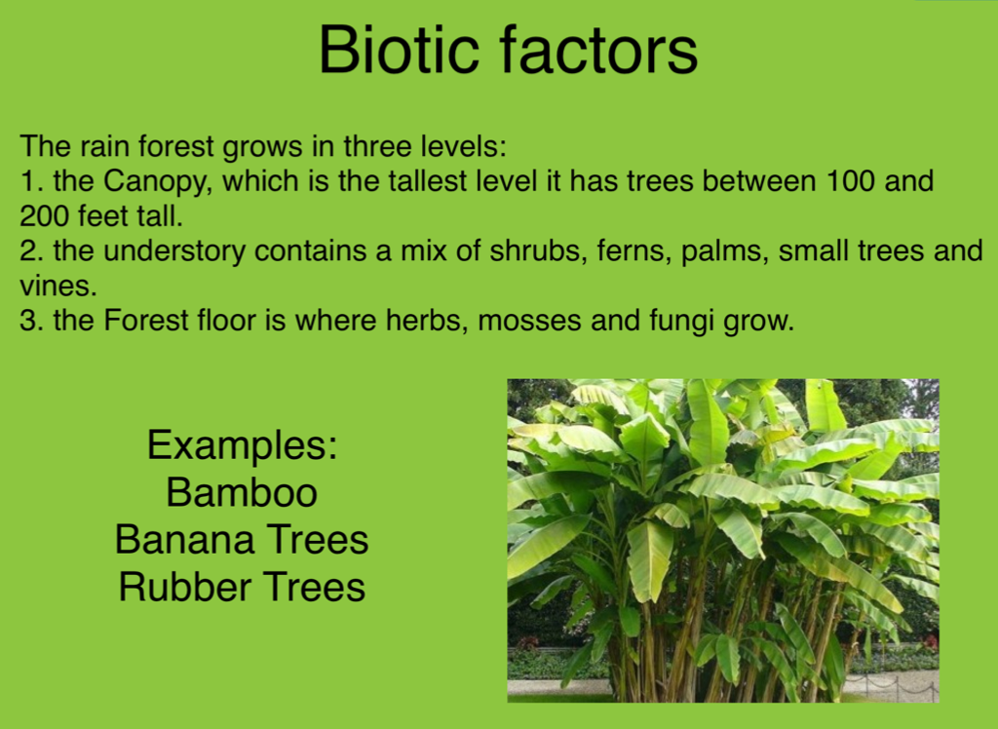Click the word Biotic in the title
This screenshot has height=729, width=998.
tap(399, 50)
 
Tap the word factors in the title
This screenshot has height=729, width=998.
tap(599, 50)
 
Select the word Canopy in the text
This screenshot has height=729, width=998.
tap(155, 182)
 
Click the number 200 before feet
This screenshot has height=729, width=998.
tap(43, 215)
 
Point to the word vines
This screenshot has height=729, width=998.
tap(58, 286)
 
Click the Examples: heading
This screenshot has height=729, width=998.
tap(242, 445)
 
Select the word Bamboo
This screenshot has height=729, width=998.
tap(242, 492)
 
